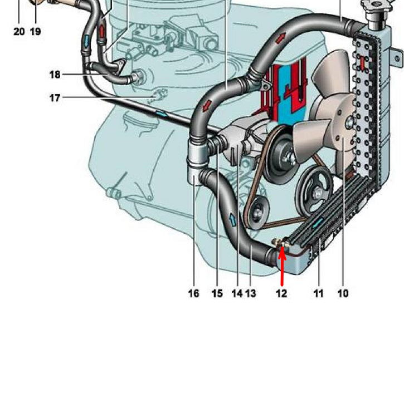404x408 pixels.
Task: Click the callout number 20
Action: pos(19,32)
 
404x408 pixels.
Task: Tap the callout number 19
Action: pos(35,32)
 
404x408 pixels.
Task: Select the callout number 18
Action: pos(55,74)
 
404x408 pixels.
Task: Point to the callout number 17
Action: pos(55,98)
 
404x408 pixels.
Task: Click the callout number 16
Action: pos(193,293)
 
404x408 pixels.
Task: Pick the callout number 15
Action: pos(217,293)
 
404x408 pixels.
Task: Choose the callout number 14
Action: pos(237,293)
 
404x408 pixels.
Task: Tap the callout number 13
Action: pos(251,293)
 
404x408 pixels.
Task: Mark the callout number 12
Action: pos(281,293)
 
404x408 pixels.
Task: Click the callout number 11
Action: pos(318,293)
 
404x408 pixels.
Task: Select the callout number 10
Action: pos(343,293)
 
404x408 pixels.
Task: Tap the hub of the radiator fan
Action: pos(348,121)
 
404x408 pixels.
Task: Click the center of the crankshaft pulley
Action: pos(317,194)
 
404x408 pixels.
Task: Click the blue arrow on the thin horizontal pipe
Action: pos(161,114)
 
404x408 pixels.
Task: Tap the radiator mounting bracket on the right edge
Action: pos(396,56)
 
